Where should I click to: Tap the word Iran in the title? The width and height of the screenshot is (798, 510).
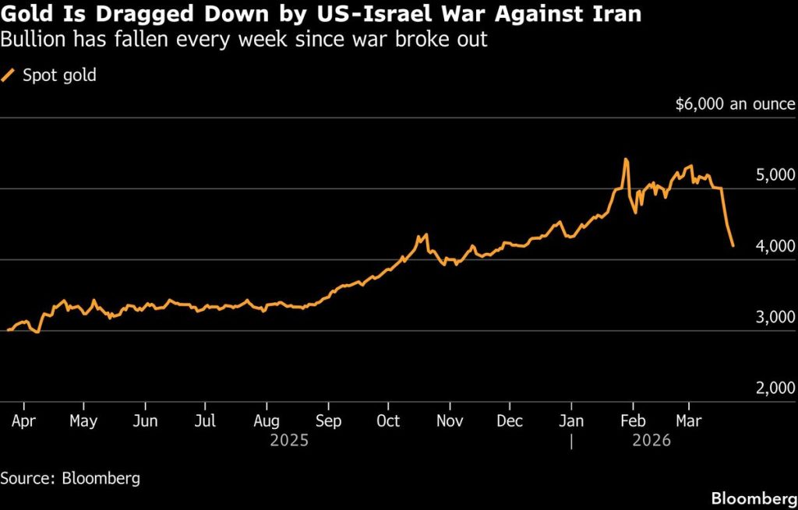[x=618, y=15]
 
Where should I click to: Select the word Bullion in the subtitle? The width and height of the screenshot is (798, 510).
[x=31, y=39]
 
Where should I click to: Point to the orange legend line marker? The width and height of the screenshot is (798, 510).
[x=9, y=76]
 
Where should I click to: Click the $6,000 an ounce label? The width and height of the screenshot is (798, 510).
[x=736, y=104]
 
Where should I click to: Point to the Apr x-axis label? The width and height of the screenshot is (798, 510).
[x=23, y=421]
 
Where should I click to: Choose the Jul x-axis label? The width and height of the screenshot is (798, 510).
[x=205, y=421]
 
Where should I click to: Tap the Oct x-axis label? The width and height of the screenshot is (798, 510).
[x=387, y=421]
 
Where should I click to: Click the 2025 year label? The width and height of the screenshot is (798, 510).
[x=289, y=441]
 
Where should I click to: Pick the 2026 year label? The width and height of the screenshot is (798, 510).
[x=651, y=441]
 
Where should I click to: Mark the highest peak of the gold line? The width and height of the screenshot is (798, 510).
[x=626, y=160]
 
